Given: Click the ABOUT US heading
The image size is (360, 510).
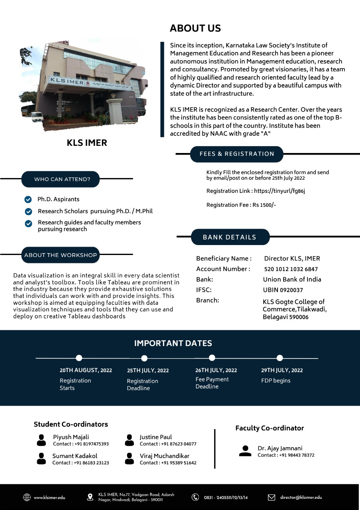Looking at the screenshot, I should [195, 28].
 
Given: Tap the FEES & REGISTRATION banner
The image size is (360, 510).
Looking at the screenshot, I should [237, 154].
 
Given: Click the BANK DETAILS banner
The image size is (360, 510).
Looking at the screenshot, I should [230, 237].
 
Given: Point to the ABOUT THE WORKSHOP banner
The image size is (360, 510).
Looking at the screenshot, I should [61, 255].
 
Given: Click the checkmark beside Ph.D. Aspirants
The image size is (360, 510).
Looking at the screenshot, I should [28, 199].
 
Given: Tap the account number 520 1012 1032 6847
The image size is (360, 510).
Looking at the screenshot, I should [291, 269].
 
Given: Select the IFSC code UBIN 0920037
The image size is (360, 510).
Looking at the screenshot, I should [283, 290].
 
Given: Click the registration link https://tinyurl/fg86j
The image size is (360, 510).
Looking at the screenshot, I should [279, 191].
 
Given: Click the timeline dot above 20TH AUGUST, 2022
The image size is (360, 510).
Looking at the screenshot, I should [79, 358].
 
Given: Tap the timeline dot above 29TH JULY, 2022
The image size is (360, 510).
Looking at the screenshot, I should [280, 358].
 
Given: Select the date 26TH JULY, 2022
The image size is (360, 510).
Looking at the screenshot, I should [216, 370].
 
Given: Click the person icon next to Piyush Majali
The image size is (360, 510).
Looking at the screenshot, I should [41, 440].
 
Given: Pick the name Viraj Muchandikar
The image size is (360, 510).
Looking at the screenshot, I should [164, 456].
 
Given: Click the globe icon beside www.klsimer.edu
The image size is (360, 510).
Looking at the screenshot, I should [27, 497].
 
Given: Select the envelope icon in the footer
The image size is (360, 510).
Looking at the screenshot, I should [272, 497].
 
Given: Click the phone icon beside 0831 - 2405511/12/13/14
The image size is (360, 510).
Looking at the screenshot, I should [195, 497].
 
